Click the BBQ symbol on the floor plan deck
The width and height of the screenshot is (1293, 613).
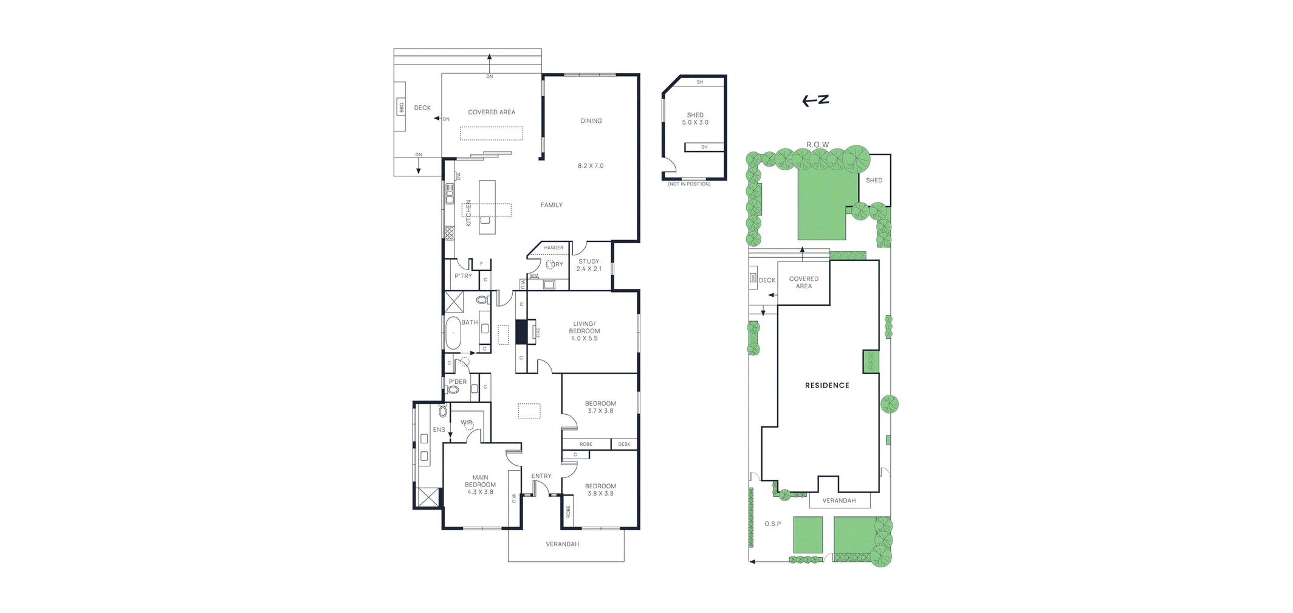tap(401, 108)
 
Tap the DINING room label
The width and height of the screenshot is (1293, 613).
tap(591, 121)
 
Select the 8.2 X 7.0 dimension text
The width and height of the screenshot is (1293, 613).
tap(591, 165)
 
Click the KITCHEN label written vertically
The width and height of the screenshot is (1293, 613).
tap(468, 213)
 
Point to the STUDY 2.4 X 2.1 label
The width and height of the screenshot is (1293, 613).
tap(589, 265)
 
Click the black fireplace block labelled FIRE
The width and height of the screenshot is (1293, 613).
tap(521, 333)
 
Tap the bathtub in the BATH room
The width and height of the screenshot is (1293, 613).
tap(453, 333)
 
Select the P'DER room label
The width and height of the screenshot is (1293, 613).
tap(458, 382)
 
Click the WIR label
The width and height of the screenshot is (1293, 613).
tap(466, 422)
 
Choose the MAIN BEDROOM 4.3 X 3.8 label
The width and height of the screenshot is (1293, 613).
tap(480, 485)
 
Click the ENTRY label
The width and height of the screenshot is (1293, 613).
tap(541, 476)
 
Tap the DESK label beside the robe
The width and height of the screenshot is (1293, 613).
tap(624, 445)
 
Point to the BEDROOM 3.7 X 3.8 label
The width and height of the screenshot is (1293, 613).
tap(600, 407)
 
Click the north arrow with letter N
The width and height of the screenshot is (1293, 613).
tap(815, 100)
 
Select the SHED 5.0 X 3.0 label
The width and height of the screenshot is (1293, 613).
tap(695, 119)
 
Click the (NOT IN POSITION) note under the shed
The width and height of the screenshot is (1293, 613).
tap(689, 184)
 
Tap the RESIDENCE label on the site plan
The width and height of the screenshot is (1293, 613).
tap(827, 386)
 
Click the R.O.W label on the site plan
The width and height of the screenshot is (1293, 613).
tap(817, 145)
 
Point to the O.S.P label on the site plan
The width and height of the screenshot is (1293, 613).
tap(772, 524)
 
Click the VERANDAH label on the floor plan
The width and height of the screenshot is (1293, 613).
tap(562, 544)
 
